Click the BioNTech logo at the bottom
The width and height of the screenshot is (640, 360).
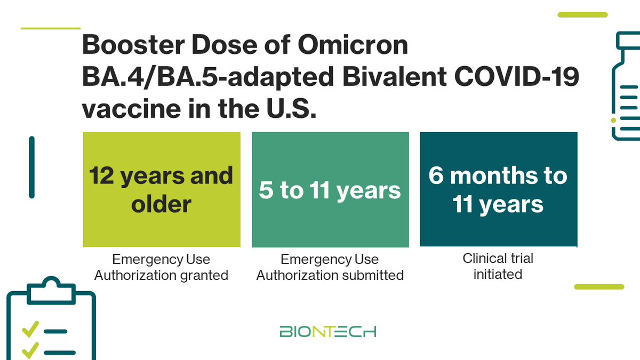pyautogui.click(x=328, y=331)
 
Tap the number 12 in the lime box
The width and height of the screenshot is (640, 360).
pyautogui.click(x=101, y=175)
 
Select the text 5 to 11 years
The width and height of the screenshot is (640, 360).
pyautogui.click(x=330, y=190)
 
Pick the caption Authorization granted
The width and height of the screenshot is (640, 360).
pyautogui.click(x=161, y=275)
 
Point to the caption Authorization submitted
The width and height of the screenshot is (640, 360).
pyautogui.click(x=330, y=275)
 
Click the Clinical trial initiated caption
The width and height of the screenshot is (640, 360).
pyautogui.click(x=498, y=266)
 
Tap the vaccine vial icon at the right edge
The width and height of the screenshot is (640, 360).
pyautogui.click(x=627, y=85)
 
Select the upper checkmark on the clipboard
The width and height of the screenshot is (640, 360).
pyautogui.click(x=29, y=331)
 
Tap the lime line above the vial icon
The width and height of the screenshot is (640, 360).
pyautogui.click(x=582, y=14)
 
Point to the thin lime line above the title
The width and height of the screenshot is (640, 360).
pyautogui.click(x=50, y=28)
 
